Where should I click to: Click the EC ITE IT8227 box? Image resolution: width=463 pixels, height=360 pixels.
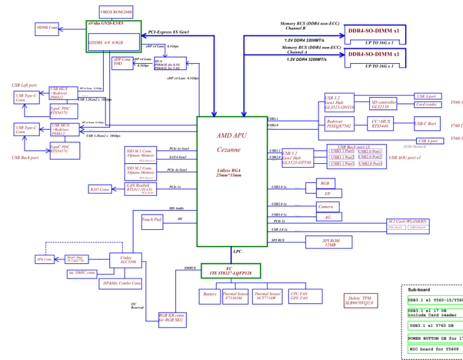pos(231,270)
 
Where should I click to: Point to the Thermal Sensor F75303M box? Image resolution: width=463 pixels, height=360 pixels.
pos(235,296)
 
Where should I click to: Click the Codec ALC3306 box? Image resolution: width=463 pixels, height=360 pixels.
pos(128,260)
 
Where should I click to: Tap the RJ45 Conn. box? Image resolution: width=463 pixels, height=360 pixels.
pos(100,189)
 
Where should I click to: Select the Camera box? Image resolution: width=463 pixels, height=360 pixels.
pos(325,207)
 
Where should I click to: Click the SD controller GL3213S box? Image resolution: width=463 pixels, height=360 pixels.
pos(384,105)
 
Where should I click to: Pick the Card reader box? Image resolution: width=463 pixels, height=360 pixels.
pos(427,105)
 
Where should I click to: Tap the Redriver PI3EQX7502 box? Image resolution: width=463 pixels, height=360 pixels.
pos(339,123)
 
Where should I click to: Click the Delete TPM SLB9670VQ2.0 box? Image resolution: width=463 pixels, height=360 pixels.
pos(361,300)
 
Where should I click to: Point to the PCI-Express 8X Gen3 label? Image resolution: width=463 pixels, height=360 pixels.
pos(169,32)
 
